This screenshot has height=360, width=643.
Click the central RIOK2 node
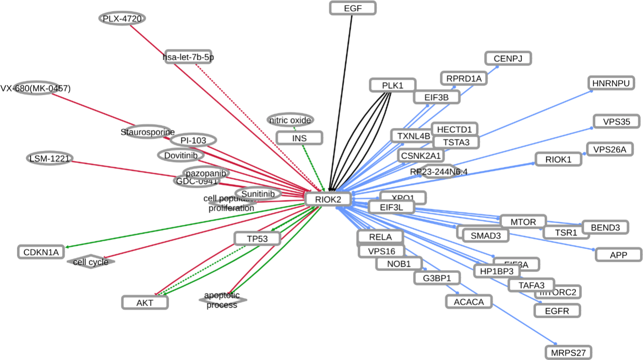pyautogui.click(x=328, y=198)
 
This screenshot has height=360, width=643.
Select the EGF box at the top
pyautogui.click(x=353, y=8)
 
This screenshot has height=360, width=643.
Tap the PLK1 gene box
pyautogui.click(x=393, y=85)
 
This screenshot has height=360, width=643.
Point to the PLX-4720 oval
pyautogui.click(x=122, y=18)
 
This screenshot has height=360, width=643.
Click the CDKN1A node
pyautogui.click(x=41, y=252)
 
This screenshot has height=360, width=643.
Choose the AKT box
pyautogui.click(x=145, y=302)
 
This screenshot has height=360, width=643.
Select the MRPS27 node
pyautogui.click(x=568, y=352)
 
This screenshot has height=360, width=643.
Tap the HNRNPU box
pyautogui.click(x=611, y=83)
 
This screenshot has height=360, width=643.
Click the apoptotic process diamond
pyautogui.click(x=222, y=300)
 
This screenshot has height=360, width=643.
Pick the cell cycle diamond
pyautogui.click(x=91, y=262)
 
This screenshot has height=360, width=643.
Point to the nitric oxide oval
pyautogui.click(x=290, y=120)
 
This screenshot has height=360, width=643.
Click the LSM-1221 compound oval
pyautogui.click(x=49, y=158)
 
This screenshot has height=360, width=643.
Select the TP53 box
pyautogui.click(x=257, y=238)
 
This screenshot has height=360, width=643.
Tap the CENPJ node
pyautogui.click(x=508, y=58)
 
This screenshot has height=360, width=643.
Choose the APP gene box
pyautogui.click(x=618, y=254)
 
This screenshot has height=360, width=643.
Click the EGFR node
pyautogui.click(x=557, y=310)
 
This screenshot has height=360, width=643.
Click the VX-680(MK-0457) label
pyautogui.click(x=36, y=88)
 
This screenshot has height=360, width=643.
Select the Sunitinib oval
pyautogui.click(x=258, y=194)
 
